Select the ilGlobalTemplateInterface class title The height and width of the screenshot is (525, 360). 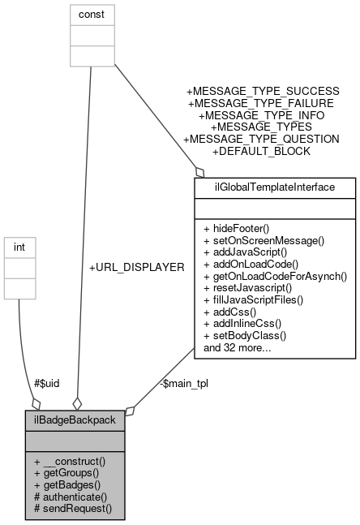click(274, 187)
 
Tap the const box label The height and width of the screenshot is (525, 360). click(91, 14)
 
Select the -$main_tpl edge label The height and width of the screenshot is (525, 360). click(183, 384)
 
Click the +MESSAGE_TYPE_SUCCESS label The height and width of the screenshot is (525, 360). click(263, 91)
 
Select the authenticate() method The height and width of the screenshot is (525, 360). click(71, 497)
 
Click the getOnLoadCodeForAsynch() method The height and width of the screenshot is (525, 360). click(275, 276)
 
